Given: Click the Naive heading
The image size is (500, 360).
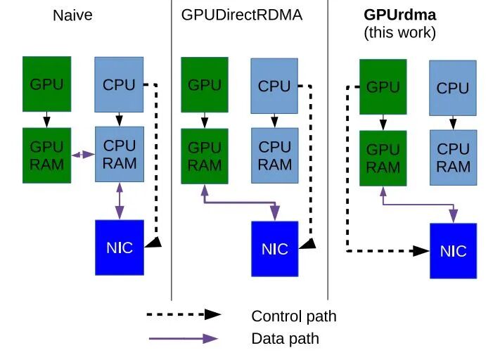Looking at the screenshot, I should [72, 15].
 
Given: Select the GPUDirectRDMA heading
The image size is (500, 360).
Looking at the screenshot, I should [241, 15].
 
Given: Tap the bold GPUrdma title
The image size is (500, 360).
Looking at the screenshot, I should [399, 15].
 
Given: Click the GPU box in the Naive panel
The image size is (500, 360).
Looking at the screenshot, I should [46, 84].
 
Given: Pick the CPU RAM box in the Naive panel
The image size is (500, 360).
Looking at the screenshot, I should [120, 154].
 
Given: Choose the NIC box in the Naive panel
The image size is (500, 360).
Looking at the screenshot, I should [120, 247].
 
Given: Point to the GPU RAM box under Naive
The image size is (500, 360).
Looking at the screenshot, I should [46, 155].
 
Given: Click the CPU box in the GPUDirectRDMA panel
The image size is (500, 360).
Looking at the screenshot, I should [274, 86].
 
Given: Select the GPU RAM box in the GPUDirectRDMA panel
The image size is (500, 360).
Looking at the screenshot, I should [205, 156].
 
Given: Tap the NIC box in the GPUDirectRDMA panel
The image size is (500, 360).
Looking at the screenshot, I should [275, 249].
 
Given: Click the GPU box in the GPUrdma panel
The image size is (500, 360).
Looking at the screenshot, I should [383, 87].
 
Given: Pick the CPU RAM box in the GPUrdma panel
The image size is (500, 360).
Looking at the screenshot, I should [453, 158].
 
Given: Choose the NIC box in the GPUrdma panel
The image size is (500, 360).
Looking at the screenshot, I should [453, 251].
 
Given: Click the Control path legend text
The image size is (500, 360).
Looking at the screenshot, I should [293, 316].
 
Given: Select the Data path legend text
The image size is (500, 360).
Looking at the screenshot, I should [285, 339].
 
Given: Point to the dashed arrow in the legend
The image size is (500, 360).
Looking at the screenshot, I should [184, 315].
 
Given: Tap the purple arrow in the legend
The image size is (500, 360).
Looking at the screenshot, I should [184, 339].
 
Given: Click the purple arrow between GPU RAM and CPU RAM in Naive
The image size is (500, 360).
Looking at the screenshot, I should [83, 154].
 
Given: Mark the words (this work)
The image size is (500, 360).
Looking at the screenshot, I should [399, 32].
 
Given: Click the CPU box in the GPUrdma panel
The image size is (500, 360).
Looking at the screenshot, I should [453, 88].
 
